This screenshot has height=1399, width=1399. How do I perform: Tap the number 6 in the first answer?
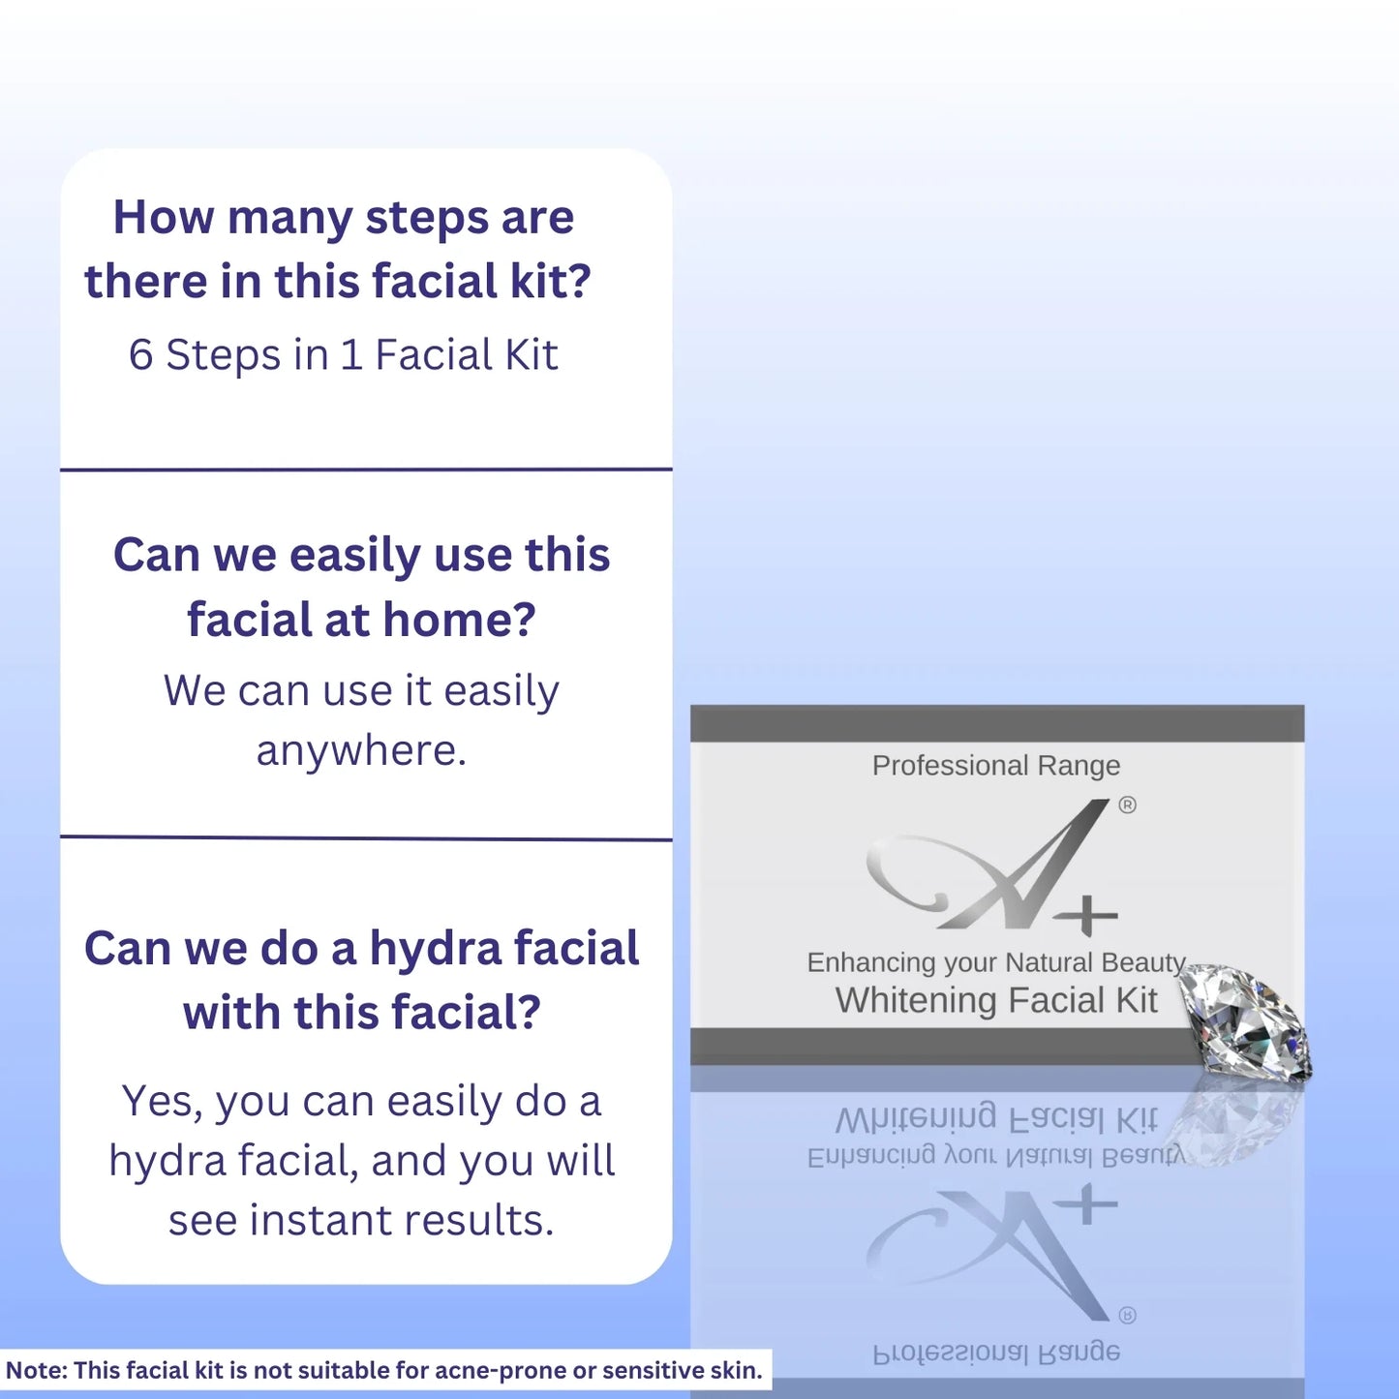pyautogui.click(x=140, y=355)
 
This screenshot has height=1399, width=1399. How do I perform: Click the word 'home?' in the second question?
pyautogui.click(x=460, y=620)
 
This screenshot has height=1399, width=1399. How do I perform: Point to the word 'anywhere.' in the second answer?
pyautogui.click(x=361, y=751)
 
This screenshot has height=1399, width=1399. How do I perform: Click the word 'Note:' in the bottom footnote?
pyautogui.click(x=36, y=1371)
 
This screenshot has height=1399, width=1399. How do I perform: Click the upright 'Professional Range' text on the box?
pyautogui.click(x=996, y=766)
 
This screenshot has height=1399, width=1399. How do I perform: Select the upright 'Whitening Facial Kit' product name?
pyautogui.click(x=996, y=1000)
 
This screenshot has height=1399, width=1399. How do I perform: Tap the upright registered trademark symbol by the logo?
pyautogui.click(x=1127, y=806)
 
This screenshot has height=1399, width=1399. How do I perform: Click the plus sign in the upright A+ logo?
pyautogui.click(x=1086, y=916)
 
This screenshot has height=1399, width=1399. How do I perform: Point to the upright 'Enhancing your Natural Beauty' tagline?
pyautogui.click(x=996, y=963)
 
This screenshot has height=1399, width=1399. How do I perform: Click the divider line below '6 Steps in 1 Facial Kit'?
pyautogui.click(x=366, y=470)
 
